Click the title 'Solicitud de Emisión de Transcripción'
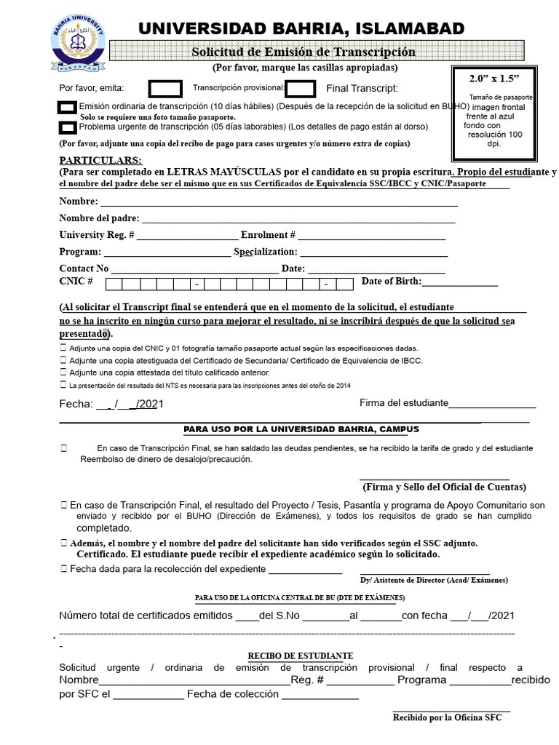tap(303, 52)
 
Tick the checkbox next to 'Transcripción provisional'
tap(301, 89)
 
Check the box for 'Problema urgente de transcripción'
tap(67, 127)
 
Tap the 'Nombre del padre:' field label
tap(99, 218)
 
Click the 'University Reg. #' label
tap(96, 234)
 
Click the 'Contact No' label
tap(84, 268)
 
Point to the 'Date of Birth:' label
tap(391, 282)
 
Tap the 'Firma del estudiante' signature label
tap(403, 404)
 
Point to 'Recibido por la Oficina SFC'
tap(447, 717)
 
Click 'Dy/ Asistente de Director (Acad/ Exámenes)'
tap(434, 580)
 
